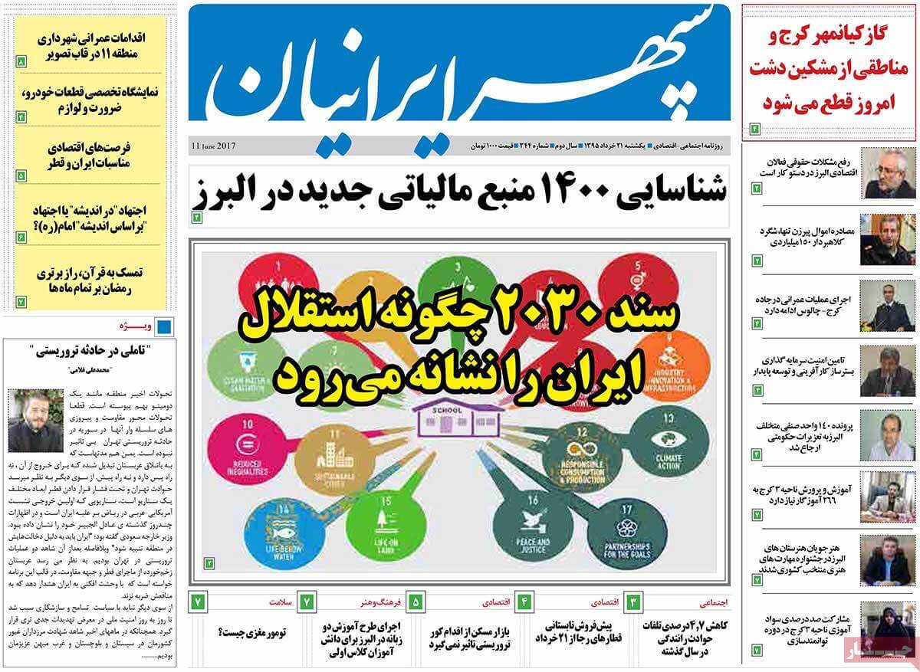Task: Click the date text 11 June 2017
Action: tap(214, 146)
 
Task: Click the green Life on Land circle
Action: tap(376, 529)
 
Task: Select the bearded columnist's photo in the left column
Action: tap(35, 421)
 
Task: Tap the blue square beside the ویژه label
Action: tap(163, 327)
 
